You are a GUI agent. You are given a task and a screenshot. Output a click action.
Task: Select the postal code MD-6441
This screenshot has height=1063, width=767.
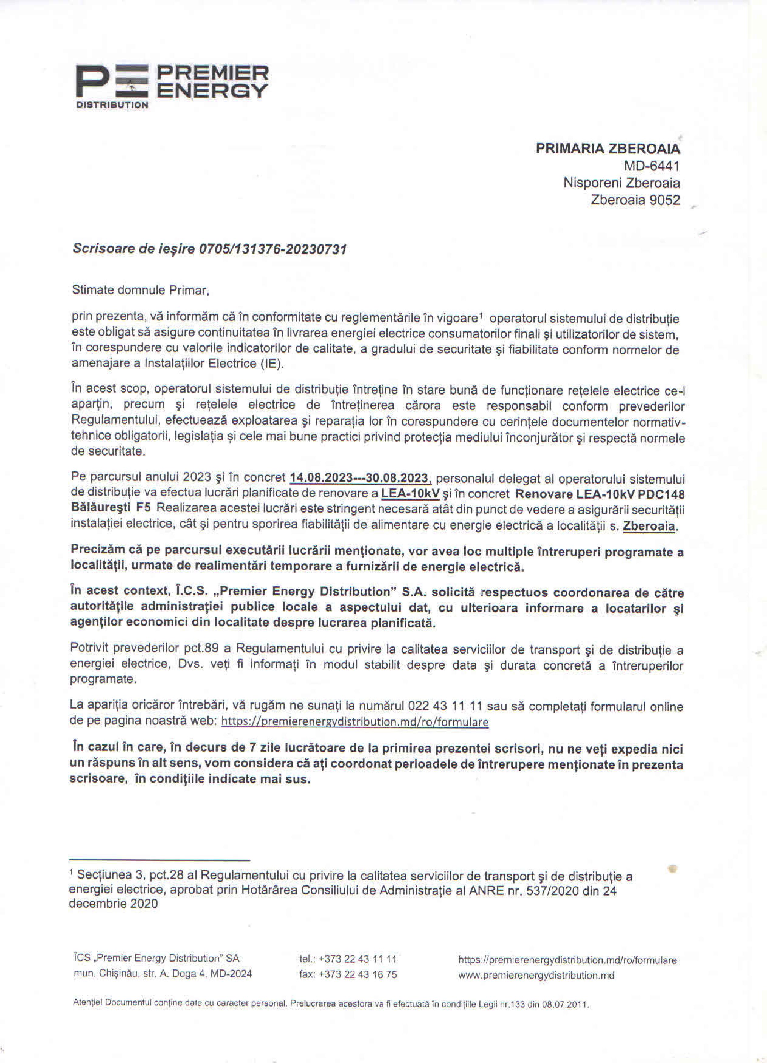point(651,166)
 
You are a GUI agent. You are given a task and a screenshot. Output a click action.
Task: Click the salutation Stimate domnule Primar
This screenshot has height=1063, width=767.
point(140,290)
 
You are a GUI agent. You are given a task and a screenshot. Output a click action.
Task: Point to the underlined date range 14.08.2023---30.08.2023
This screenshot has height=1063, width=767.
point(360,478)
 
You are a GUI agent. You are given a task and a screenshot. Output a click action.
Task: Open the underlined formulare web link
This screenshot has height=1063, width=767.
point(354,722)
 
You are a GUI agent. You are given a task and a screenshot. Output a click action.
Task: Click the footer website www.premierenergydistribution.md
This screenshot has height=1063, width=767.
point(536,975)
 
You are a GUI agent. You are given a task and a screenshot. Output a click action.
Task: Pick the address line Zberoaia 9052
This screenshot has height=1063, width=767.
point(635,200)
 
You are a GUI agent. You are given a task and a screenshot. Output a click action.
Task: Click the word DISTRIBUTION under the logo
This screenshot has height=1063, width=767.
point(112,105)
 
